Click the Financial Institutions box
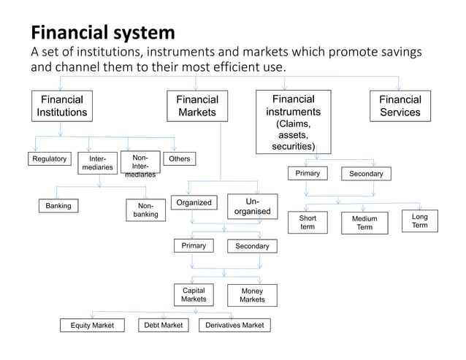pos(62,106)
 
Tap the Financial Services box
pos(400,106)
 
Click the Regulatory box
pos(49,159)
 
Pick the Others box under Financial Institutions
pos(179,159)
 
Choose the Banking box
pos(58,206)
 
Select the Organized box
pos(194,203)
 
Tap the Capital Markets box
pos(194,294)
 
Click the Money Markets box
pos(252,295)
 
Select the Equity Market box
pos(92,325)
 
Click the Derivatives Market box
pos(234,324)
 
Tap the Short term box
pos(308,222)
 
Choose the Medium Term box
pos(364,223)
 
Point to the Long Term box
pos(420,221)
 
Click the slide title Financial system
pos(102,33)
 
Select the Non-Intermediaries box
pos(140,166)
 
